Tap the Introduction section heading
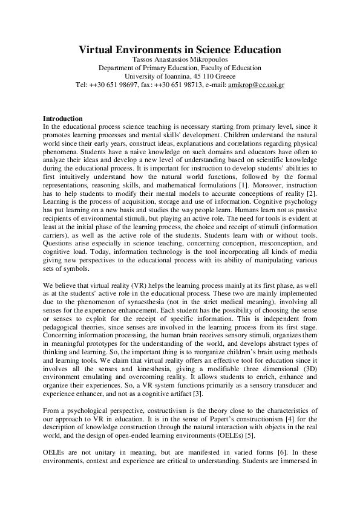[x=64, y=117]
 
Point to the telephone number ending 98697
[x=109, y=85]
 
